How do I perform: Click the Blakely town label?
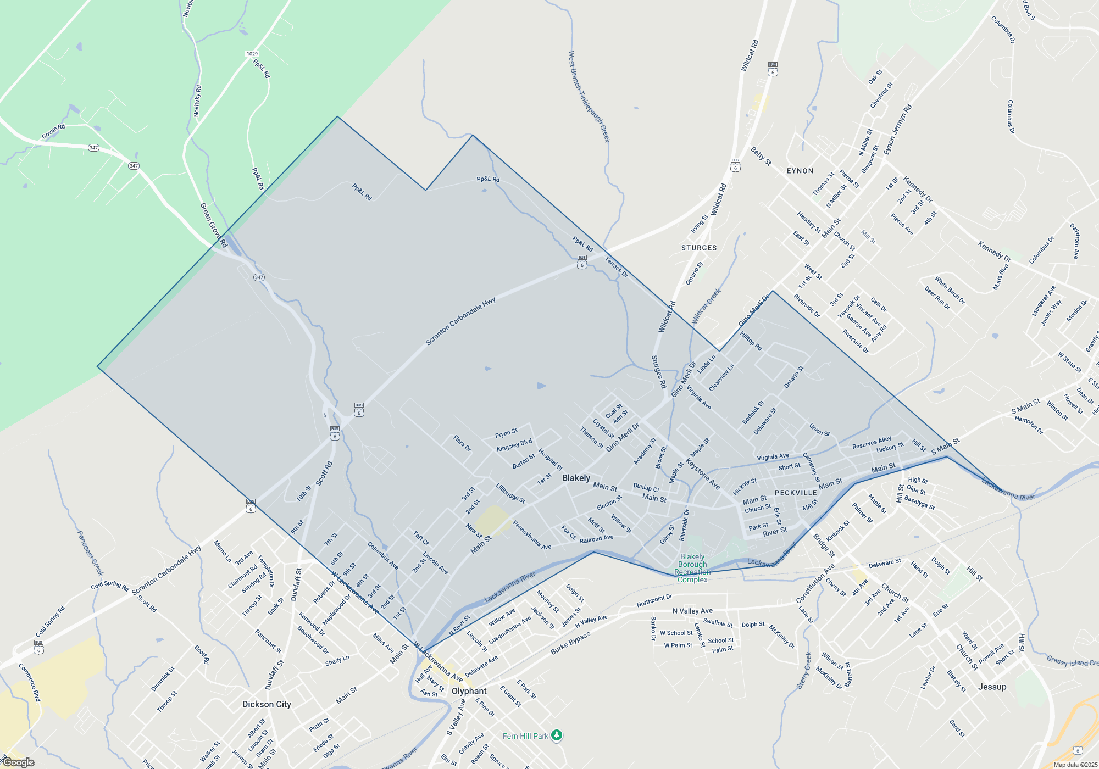click(576, 478)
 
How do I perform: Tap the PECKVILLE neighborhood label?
click(795, 493)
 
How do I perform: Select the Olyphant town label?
click(469, 691)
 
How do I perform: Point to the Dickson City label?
click(267, 704)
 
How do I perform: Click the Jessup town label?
click(992, 687)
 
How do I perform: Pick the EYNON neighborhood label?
click(800, 171)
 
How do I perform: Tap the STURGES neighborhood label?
click(699, 248)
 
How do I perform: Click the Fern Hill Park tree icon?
click(557, 735)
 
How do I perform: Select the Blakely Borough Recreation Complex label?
click(692, 568)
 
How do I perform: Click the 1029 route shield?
click(252, 54)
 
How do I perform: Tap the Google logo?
click(19, 762)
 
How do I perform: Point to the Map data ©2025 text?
click(1075, 765)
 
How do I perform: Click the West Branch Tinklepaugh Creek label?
click(589, 96)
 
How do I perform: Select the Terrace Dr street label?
click(616, 267)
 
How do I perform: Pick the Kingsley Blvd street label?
click(514, 445)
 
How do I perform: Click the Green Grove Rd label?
click(213, 225)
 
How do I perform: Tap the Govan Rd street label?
click(53, 131)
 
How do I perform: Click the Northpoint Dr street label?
click(654, 600)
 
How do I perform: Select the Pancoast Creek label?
click(90, 553)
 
